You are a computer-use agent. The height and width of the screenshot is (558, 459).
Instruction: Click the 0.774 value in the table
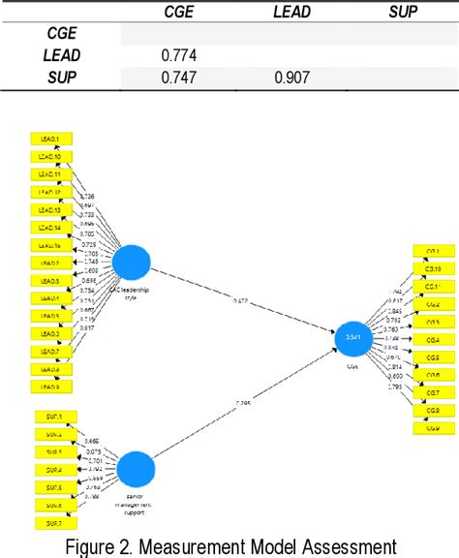point(182,56)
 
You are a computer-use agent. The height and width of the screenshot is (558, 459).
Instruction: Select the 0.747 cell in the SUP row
point(182,78)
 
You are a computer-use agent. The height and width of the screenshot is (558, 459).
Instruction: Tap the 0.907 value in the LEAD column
point(293,78)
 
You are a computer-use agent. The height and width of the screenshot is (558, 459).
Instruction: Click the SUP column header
point(404,12)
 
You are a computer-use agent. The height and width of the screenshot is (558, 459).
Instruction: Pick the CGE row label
point(62,34)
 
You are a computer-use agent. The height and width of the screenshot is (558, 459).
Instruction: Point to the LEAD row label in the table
point(62,56)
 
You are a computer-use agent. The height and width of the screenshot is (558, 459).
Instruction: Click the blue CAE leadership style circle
point(133,264)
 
